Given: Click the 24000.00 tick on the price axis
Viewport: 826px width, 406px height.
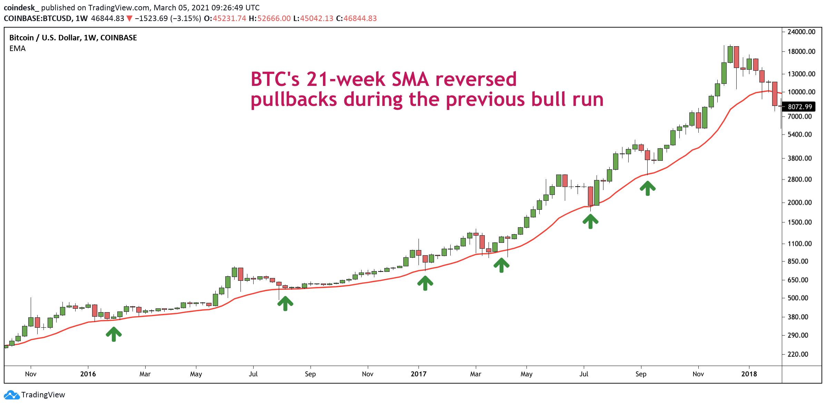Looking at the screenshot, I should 802,32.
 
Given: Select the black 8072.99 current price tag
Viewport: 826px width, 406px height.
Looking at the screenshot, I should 800,107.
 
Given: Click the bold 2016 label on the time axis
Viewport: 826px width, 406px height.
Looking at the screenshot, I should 88,374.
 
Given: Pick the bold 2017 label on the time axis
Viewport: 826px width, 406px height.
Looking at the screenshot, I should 418,374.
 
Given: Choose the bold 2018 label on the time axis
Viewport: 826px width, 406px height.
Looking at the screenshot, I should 749,374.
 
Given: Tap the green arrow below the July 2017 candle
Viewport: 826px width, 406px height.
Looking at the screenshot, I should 590,221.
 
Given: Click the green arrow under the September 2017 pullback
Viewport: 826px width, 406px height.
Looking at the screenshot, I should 648,188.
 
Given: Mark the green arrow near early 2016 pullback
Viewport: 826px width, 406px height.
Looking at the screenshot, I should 114,334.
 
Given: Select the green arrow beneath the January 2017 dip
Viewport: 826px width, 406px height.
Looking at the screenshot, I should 425,283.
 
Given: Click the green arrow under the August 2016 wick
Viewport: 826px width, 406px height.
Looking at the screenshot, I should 285,304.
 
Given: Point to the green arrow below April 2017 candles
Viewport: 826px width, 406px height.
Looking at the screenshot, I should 501,265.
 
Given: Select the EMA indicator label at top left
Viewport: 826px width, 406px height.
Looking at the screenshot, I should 18,49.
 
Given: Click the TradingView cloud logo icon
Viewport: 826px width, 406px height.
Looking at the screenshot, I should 11,395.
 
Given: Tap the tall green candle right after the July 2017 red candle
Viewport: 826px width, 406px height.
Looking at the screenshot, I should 597,193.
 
